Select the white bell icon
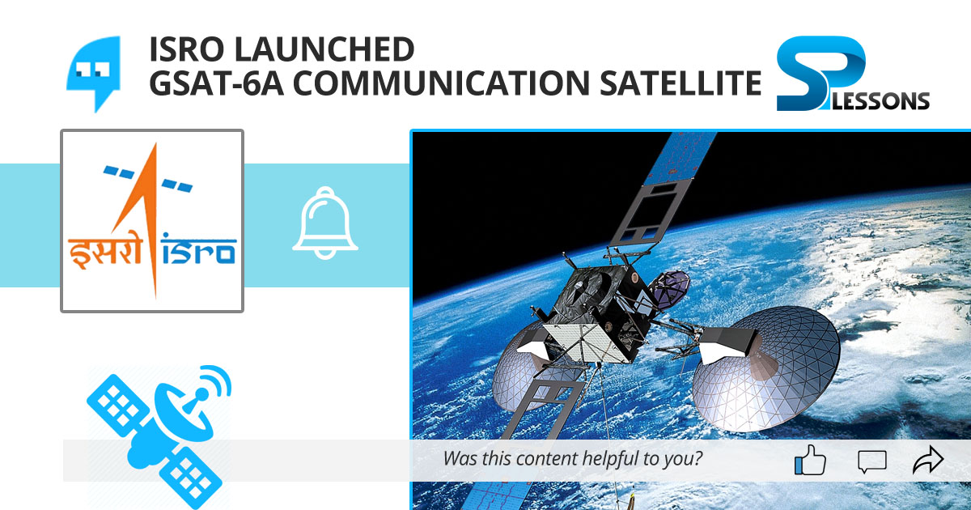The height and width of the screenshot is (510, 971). pos(325,223)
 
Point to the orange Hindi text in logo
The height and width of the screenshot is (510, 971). pos(102,251)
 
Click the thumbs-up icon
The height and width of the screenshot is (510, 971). pos(810,461)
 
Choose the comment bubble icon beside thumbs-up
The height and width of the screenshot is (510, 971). pos(871,461)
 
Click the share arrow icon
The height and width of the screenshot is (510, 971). pos(927,461)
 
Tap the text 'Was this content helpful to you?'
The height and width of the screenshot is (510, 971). pos(572,459)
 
